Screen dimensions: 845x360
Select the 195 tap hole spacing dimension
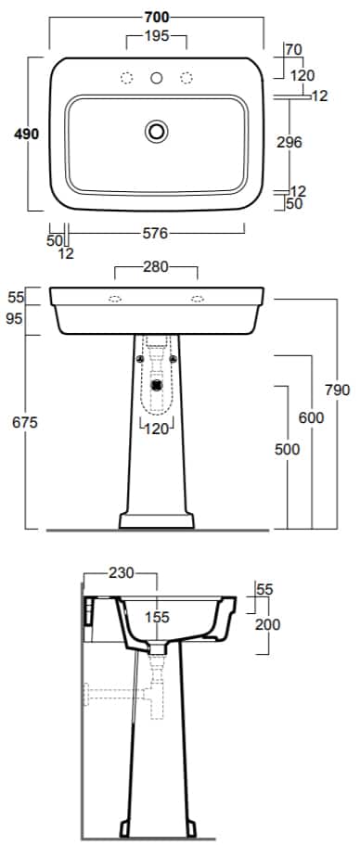[156, 37]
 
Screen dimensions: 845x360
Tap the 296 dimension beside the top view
[289, 143]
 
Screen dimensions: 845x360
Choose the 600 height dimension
[311, 418]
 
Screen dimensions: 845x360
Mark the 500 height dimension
[289, 449]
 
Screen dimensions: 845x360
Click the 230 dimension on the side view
[121, 573]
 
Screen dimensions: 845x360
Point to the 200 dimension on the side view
[267, 624]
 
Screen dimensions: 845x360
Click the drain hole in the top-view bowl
[156, 132]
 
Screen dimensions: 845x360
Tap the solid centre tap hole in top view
[156, 78]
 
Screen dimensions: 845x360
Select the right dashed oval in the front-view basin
[198, 299]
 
